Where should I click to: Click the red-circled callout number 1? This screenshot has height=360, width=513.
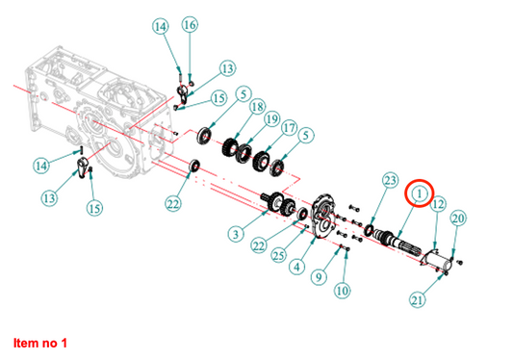tap(420, 193)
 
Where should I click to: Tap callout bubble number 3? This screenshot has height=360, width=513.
tap(236, 234)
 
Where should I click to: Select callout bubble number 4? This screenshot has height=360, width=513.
tap(296, 267)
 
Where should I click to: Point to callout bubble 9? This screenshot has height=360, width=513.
tap(319, 277)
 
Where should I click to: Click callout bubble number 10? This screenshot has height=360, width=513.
tap(343, 291)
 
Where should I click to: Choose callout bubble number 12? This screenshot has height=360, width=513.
tap(438, 204)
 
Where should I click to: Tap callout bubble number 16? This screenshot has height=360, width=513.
tap(190, 25)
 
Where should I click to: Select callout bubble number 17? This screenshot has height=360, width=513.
tap(289, 127)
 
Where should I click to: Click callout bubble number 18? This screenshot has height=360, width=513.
tap(258, 106)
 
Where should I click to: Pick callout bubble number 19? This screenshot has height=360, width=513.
tap(271, 119)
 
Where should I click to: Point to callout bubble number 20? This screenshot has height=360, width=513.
tap(458, 219)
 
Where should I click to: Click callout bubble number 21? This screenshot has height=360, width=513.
tap(418, 299)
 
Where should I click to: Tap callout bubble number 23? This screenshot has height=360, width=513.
tap(391, 180)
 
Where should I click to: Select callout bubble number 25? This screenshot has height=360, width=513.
tap(278, 255)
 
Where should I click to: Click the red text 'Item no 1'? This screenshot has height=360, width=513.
tap(40, 343)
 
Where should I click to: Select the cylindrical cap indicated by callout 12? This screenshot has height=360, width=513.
tap(437, 259)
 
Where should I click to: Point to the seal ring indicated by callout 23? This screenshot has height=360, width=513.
tap(370, 230)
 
